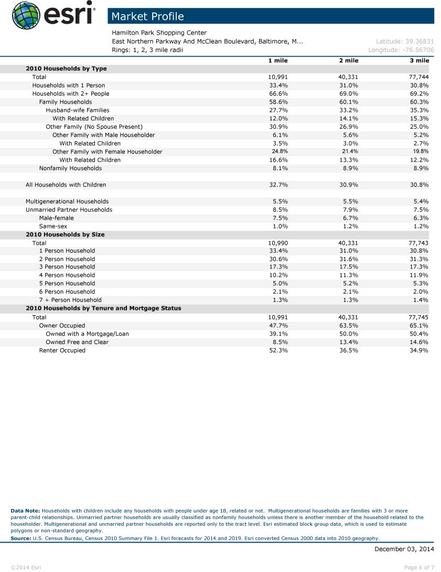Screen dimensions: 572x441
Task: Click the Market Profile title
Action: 148,16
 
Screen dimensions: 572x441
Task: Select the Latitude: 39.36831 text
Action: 404,41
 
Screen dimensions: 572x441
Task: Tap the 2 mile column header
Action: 349,60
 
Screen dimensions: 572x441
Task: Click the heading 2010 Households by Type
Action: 66,69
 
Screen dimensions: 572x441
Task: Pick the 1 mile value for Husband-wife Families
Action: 278,110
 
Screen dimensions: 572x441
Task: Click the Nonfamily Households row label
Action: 70,168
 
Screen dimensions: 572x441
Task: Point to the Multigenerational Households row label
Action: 67,201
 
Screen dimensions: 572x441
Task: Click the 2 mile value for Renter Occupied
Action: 349,350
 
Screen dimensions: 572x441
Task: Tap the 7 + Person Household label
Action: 70,300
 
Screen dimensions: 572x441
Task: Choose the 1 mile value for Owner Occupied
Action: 278,326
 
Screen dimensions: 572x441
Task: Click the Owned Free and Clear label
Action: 77,342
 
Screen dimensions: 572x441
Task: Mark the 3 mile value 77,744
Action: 418,77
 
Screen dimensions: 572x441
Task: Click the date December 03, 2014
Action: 404,549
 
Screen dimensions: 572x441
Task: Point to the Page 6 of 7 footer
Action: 419,567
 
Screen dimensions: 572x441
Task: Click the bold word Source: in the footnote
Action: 20,538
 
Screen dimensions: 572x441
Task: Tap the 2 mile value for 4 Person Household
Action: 349,275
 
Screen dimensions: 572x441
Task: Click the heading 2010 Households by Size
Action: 65,235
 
